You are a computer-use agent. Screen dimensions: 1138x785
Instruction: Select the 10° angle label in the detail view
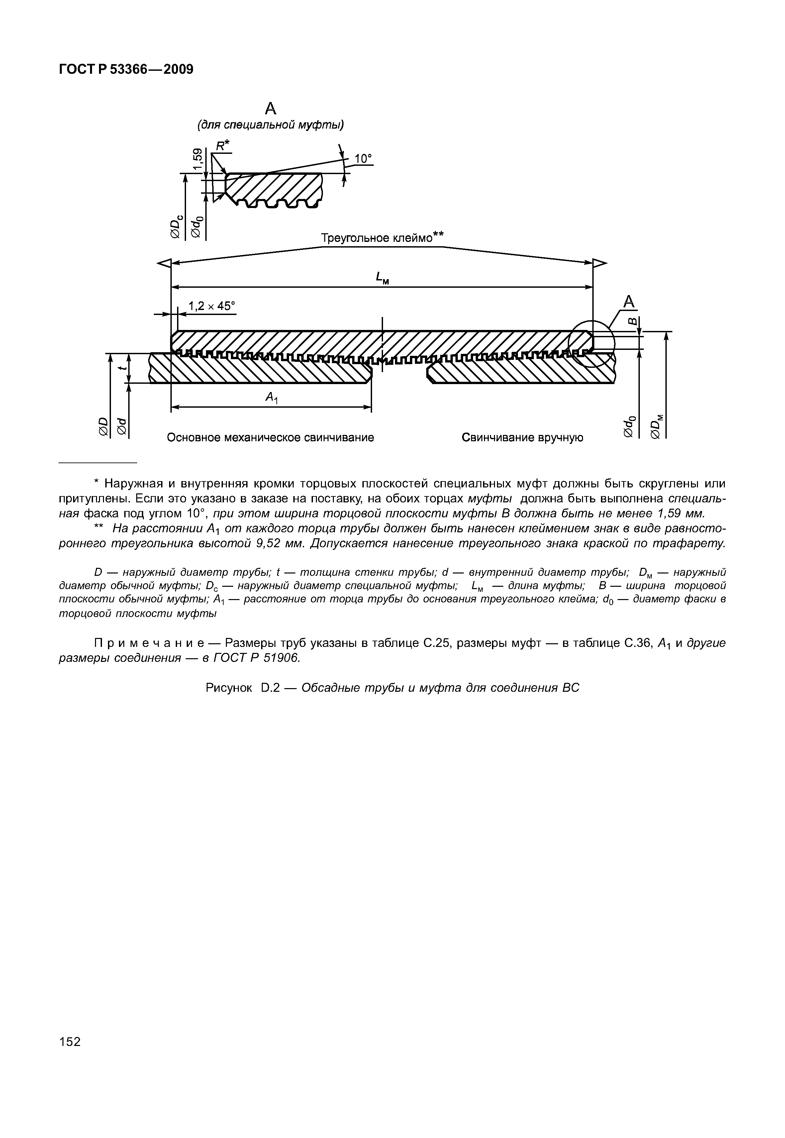pyautogui.click(x=363, y=158)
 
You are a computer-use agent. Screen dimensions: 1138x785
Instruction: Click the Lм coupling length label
pyautogui.click(x=382, y=279)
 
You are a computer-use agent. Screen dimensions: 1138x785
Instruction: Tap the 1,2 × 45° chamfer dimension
pyautogui.click(x=212, y=306)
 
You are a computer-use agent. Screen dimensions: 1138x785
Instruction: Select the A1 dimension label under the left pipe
pyautogui.click(x=271, y=397)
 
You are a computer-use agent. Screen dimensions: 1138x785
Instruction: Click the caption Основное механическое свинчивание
pyautogui.click(x=270, y=437)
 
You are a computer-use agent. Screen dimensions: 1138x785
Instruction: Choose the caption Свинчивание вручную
pyautogui.click(x=522, y=437)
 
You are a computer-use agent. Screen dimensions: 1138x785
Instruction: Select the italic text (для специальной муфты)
pyautogui.click(x=270, y=125)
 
